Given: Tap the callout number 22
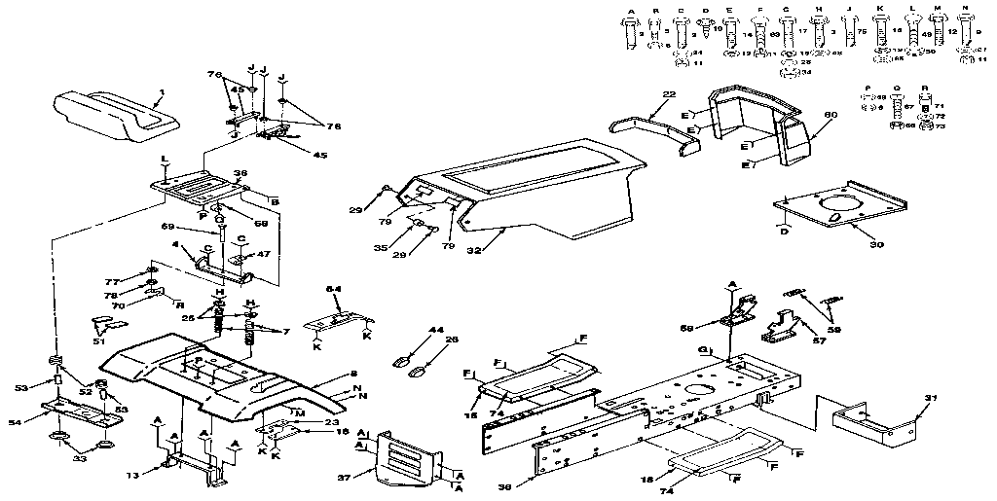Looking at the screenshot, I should point(668,94).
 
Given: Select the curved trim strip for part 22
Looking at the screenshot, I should point(652,126).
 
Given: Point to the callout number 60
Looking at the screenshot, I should point(831,115).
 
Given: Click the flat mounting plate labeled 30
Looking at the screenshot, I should point(828,209).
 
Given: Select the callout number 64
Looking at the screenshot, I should point(332,289).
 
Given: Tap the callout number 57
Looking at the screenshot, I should point(819,340).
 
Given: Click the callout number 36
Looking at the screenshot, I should point(240,175).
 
